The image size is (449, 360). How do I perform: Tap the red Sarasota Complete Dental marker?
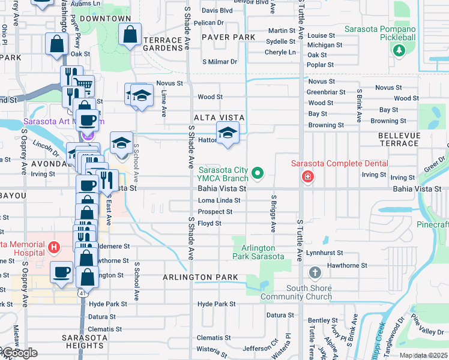307,176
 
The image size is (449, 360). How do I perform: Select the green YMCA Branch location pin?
258,174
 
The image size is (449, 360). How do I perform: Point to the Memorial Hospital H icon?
54,247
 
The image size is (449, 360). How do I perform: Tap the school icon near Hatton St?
228,133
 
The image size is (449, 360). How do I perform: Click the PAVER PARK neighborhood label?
228,37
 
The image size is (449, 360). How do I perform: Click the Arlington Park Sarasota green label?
258,253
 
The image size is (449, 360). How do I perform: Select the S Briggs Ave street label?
273,213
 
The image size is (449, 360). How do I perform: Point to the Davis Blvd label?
217,11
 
